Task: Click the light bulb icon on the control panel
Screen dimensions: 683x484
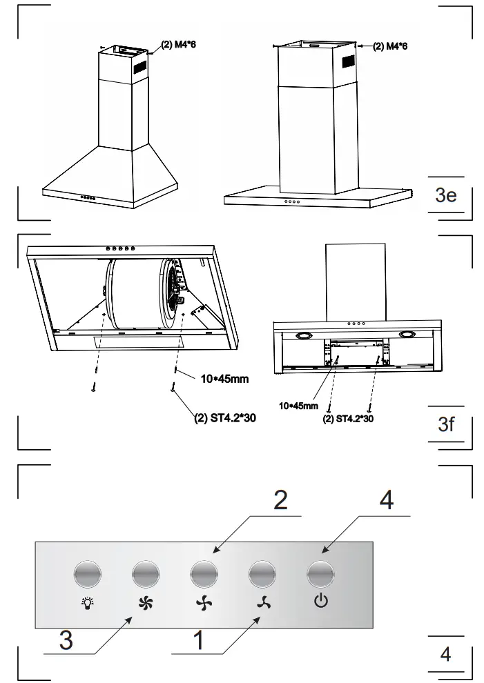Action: (x=88, y=601)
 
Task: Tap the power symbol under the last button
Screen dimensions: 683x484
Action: (x=320, y=601)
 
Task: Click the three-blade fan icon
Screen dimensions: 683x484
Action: (x=262, y=602)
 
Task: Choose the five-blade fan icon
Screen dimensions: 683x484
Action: (x=146, y=602)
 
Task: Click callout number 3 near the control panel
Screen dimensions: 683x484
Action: (x=66, y=640)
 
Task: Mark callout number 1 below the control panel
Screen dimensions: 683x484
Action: (x=198, y=640)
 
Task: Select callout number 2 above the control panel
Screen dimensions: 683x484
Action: (x=280, y=500)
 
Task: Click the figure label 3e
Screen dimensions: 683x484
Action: (x=446, y=195)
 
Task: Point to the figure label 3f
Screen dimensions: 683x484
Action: (x=447, y=424)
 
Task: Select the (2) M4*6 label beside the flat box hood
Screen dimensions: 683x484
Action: (x=390, y=46)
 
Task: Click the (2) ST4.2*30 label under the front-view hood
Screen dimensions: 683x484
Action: (x=348, y=418)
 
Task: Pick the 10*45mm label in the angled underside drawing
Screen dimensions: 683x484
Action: (x=224, y=379)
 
